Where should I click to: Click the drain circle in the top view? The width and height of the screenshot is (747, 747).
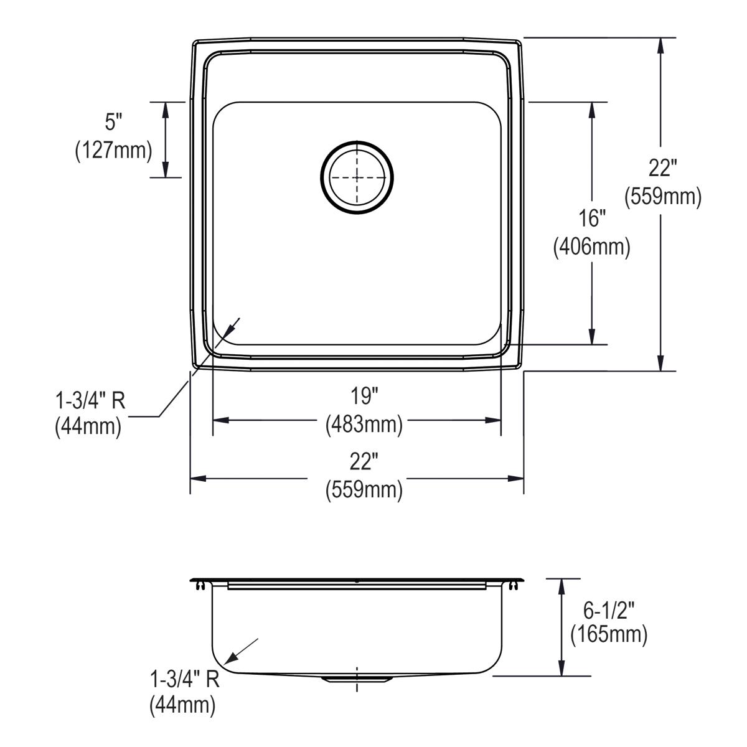[x=357, y=177]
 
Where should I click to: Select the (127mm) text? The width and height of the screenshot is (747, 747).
[x=113, y=151]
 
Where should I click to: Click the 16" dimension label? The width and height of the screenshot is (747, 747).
[x=591, y=218]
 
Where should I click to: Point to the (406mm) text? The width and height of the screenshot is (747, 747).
[x=591, y=247]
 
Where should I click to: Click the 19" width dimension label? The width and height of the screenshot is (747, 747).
[x=364, y=396]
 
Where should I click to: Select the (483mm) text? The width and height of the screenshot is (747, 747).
[x=364, y=425]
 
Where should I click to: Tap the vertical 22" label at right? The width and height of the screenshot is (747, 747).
[x=662, y=168]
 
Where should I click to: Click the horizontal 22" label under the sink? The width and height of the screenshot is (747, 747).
[x=364, y=462]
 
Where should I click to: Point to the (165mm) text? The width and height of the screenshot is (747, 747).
[x=609, y=634]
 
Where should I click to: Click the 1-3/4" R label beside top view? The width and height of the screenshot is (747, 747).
[x=90, y=400]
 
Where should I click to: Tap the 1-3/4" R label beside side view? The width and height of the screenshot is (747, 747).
[x=185, y=679]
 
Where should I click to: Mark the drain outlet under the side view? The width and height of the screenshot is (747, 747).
[x=357, y=679]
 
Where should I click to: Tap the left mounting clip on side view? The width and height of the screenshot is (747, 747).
[x=200, y=585]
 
